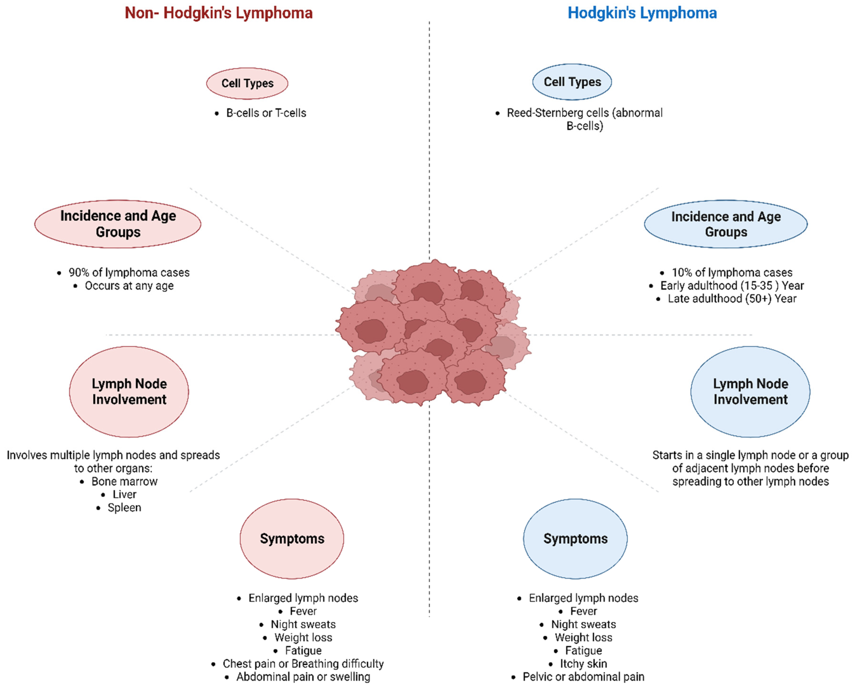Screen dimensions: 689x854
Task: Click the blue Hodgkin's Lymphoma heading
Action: click(x=642, y=13)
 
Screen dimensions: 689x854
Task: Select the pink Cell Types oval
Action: click(x=247, y=83)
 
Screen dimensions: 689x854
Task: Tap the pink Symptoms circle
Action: click(x=292, y=538)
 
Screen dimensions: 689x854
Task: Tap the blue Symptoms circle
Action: click(x=575, y=538)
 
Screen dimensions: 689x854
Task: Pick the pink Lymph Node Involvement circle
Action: click(x=129, y=392)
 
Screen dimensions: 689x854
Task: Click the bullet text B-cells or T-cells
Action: click(x=266, y=113)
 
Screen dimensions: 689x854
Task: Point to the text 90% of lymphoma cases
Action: click(x=129, y=273)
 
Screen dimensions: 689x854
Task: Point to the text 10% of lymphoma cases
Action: click(x=732, y=273)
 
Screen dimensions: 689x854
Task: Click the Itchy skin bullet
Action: click(x=583, y=664)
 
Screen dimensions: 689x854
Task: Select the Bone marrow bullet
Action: click(x=124, y=481)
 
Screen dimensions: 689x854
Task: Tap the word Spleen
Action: click(x=124, y=508)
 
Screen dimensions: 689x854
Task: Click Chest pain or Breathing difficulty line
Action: click(x=303, y=664)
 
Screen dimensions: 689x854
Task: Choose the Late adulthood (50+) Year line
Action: click(x=732, y=299)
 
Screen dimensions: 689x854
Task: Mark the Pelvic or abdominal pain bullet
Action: click(x=583, y=677)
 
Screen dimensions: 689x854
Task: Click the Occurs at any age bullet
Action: click(x=129, y=286)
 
